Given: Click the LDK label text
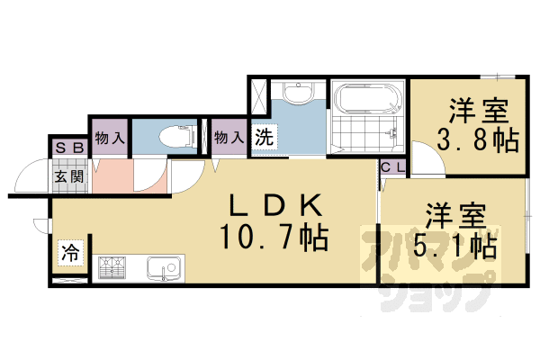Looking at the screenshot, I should pyautogui.click(x=272, y=206).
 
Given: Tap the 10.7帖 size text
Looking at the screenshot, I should pyautogui.click(x=273, y=238).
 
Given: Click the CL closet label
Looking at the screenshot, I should pyautogui.click(x=392, y=167).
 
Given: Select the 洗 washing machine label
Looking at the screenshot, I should pyautogui.click(x=263, y=138).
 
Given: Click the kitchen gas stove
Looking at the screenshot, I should pyautogui.click(x=112, y=267).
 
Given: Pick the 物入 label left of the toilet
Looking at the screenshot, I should pyautogui.click(x=110, y=138).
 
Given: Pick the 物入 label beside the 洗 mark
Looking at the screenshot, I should pyautogui.click(x=229, y=138).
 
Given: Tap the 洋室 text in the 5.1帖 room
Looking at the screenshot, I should pyautogui.click(x=456, y=216).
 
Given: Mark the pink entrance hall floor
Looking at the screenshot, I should pyautogui.click(x=112, y=176).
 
